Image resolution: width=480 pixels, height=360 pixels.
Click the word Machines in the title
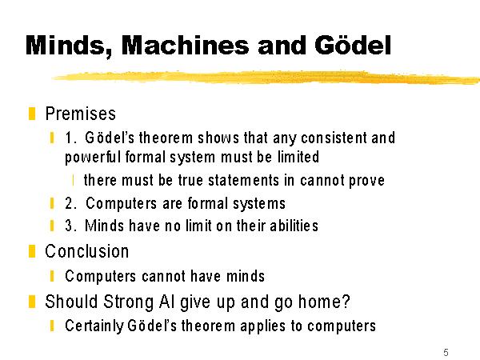click(x=186, y=46)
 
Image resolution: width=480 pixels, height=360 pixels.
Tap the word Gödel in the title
click(x=353, y=45)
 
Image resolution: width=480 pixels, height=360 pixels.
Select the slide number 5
click(x=446, y=352)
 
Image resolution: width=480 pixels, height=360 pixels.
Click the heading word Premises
click(x=81, y=114)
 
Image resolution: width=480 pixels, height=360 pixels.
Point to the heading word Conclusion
click(x=87, y=252)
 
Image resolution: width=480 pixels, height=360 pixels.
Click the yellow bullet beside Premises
click(x=32, y=114)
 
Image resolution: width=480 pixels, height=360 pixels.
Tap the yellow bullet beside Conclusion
click(x=32, y=251)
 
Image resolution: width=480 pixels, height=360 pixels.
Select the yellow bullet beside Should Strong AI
click(x=32, y=302)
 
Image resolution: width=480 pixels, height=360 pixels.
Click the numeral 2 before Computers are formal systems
click(x=69, y=203)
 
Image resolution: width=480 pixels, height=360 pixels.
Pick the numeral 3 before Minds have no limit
click(x=69, y=226)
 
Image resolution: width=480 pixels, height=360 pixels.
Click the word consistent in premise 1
click(x=334, y=138)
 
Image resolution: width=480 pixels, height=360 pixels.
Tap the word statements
click(x=243, y=180)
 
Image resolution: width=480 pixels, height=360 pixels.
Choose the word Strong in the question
click(x=129, y=302)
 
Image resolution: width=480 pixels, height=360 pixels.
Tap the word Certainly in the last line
click(x=94, y=326)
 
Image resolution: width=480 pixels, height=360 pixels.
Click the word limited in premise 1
click(x=298, y=157)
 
